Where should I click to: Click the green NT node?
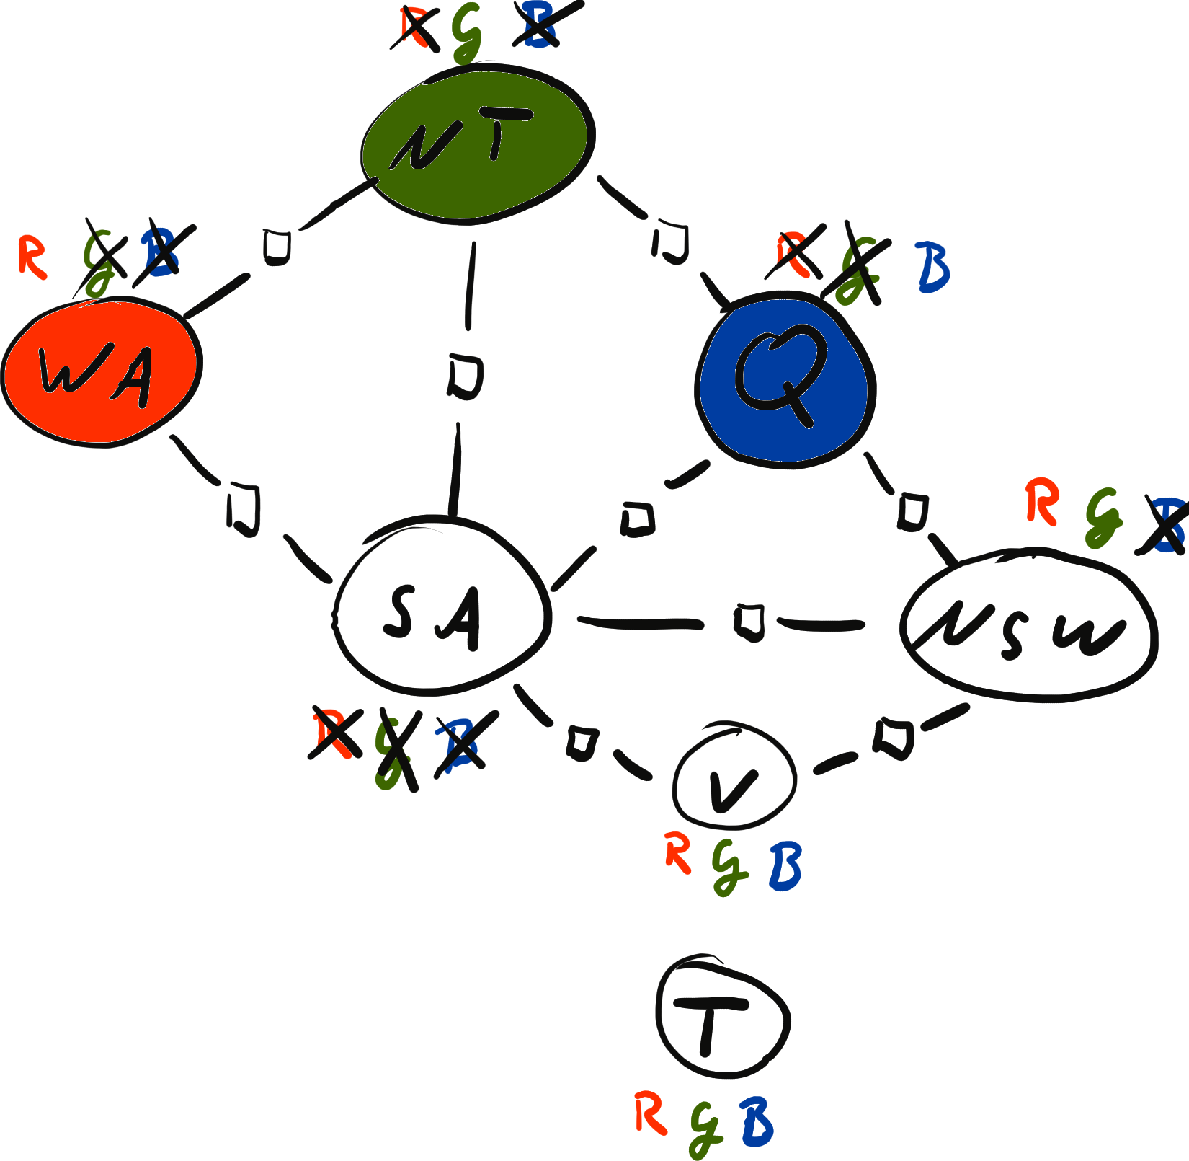[476, 144]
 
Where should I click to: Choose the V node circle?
[735, 779]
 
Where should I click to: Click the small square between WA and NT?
[276, 246]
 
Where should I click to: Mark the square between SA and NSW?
[749, 622]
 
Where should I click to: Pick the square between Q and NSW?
[912, 512]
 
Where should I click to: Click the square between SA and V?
[581, 743]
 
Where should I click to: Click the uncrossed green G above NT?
[467, 32]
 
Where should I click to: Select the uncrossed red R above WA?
[32, 257]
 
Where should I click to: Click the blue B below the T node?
[757, 1122]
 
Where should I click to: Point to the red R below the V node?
[677, 852]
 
